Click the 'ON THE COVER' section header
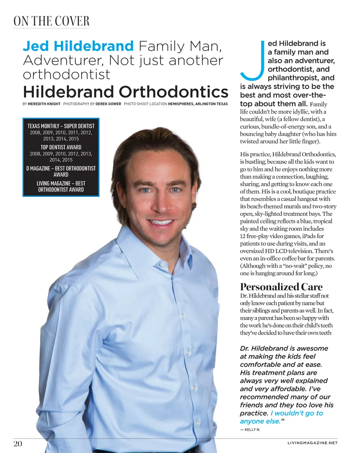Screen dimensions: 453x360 pos(51,21)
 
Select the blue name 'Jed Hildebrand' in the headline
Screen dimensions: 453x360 pos(78,46)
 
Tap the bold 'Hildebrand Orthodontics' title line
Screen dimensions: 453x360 pos(125,92)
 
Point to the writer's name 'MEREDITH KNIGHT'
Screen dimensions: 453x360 pos(44,104)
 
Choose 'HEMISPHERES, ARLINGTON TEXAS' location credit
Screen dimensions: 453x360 pos(197,104)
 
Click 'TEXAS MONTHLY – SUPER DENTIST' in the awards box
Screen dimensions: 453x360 pos(61,126)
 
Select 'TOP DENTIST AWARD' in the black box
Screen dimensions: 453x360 pos(61,147)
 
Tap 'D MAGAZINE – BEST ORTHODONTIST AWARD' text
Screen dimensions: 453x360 pos(61,171)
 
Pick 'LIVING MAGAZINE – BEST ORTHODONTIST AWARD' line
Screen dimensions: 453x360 pos(61,186)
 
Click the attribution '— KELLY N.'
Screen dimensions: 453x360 pos(250,430)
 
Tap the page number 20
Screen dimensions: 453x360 pos(18,443)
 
